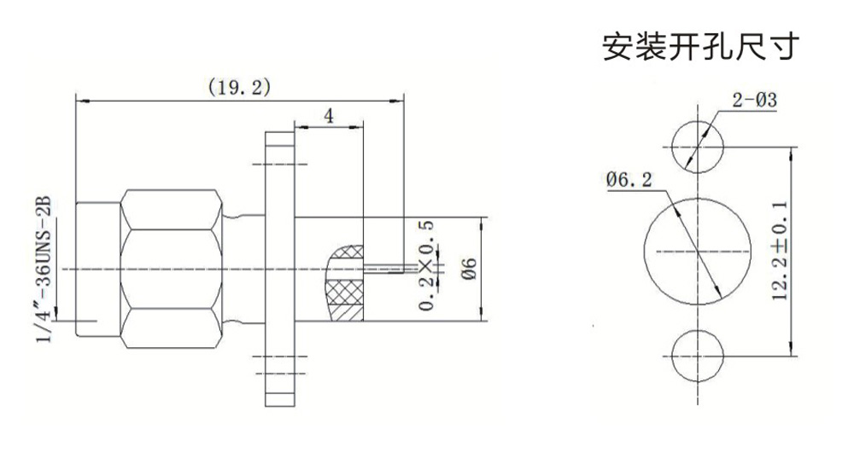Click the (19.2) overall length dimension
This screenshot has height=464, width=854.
pyautogui.click(x=240, y=87)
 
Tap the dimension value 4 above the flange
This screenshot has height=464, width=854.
pyautogui.click(x=329, y=116)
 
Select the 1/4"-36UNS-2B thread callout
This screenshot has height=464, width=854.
pyautogui.click(x=44, y=270)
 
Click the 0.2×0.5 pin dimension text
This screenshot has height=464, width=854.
pyautogui.click(x=427, y=265)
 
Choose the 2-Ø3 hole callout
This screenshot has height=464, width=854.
pyautogui.click(x=754, y=100)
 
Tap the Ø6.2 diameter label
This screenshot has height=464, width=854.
pyautogui.click(x=629, y=179)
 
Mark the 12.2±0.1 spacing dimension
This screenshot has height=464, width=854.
pyautogui.click(x=780, y=250)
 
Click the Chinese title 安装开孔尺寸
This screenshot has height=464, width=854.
pyautogui.click(x=701, y=46)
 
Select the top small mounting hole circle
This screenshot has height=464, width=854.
pyautogui.click(x=698, y=147)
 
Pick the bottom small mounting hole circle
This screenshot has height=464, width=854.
pyautogui.click(x=698, y=356)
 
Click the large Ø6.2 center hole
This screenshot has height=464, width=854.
pyautogui.click(x=698, y=252)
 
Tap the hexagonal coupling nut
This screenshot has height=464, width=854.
pyautogui.click(x=171, y=269)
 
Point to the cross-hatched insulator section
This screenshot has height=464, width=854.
pyautogui.click(x=345, y=283)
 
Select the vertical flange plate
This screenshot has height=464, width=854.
pyautogui.click(x=280, y=269)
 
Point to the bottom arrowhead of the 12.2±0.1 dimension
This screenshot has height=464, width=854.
pyautogui.click(x=791, y=350)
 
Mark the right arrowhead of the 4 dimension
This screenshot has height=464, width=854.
pyautogui.click(x=357, y=127)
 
